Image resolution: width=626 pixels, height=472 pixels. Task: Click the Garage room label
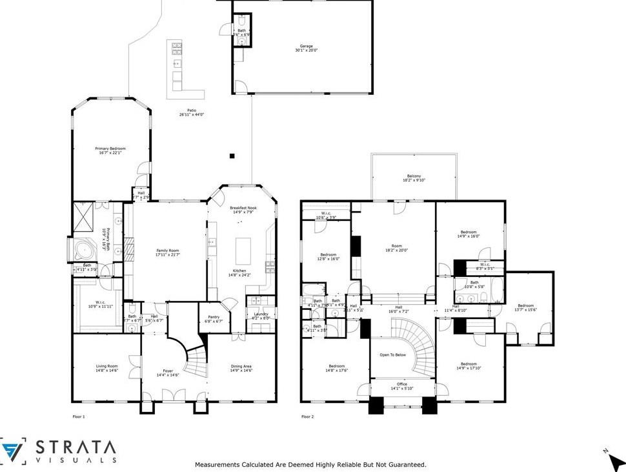pos(306,46)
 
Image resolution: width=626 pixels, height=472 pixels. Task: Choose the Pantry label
pos(214,318)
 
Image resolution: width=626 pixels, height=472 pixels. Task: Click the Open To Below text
pos(392,354)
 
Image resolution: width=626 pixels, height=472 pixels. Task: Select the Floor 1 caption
pos(78,416)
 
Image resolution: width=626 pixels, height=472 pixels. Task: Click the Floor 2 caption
pos(307,416)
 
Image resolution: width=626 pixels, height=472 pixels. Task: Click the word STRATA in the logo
pos(76,447)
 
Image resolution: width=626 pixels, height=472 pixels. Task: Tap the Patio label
pos(191,113)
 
